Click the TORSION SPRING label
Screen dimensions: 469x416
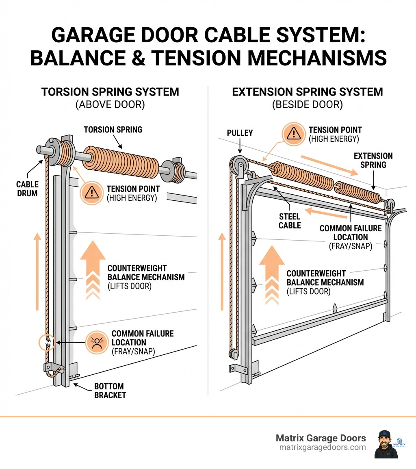(x=113, y=130)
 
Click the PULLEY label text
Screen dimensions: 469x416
(x=240, y=133)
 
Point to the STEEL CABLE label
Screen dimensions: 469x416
(x=290, y=221)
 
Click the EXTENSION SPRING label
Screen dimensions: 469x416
(x=373, y=160)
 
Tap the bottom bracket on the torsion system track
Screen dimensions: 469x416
(x=54, y=369)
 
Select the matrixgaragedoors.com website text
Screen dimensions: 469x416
(x=323, y=447)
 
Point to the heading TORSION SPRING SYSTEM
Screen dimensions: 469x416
(x=110, y=92)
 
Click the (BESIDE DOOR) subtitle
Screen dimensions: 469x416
(x=307, y=104)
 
